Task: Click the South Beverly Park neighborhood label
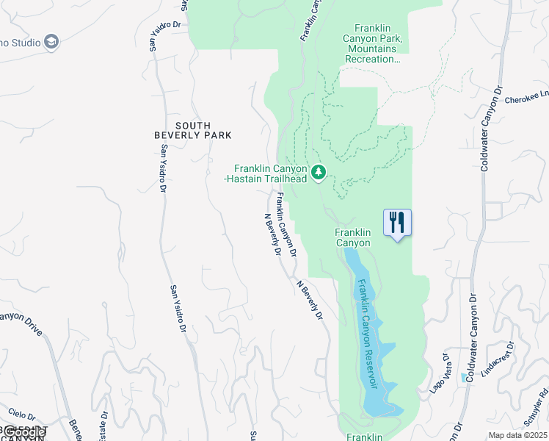click(192, 130)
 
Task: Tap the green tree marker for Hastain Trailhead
click(319, 172)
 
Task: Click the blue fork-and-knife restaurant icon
click(397, 221)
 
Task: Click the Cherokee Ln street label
click(534, 95)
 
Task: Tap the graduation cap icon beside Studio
click(51, 41)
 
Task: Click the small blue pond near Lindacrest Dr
click(464, 377)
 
